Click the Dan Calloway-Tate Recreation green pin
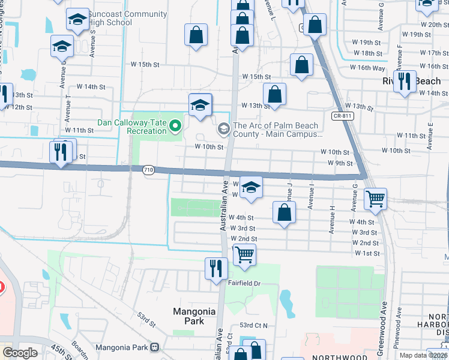[176, 126]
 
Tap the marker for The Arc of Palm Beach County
[224, 127]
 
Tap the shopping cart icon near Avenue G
[375, 199]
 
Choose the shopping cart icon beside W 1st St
[244, 254]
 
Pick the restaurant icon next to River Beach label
[405, 81]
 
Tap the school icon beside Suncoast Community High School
[77, 20]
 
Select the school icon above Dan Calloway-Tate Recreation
[200, 105]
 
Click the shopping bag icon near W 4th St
[284, 212]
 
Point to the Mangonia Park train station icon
[155, 347]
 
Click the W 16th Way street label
[372, 68]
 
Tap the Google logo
[20, 353]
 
